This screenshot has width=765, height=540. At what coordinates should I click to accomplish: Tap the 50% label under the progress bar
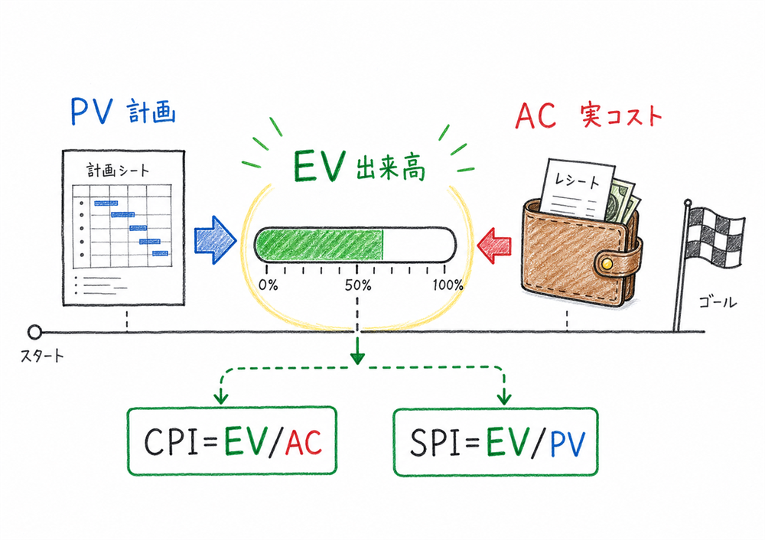pos(357,285)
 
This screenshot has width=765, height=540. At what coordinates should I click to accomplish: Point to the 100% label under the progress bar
pos(448,285)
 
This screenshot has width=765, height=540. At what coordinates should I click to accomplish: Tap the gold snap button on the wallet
pos(607,262)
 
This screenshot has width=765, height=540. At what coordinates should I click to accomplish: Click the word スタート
pos(43,356)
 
